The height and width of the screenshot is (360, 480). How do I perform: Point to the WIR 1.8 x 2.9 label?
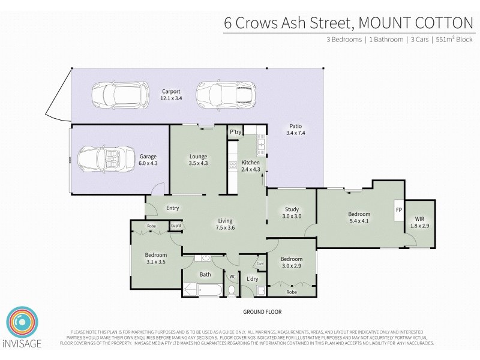click(419, 223)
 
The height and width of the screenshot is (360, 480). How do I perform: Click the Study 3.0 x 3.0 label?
click(290, 213)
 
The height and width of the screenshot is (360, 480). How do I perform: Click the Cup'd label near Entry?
click(176, 226)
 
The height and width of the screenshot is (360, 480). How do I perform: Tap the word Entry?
click(172, 208)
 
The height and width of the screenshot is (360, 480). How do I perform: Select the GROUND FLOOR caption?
click(262, 312)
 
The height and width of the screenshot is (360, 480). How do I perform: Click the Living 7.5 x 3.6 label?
click(226, 224)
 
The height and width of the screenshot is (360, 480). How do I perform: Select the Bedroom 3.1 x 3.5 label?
click(155, 258)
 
